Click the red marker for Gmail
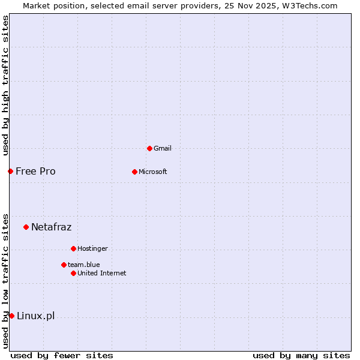(x=149, y=148)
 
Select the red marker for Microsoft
(x=134, y=172)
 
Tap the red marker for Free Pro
(x=10, y=171)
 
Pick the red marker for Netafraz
(x=26, y=227)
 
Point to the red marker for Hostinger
(x=73, y=248)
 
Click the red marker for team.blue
(x=64, y=265)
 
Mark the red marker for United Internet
(x=73, y=273)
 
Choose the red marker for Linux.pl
(x=11, y=316)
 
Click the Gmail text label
(x=163, y=148)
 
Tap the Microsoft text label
(x=153, y=172)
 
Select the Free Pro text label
(x=35, y=171)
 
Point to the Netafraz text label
(x=51, y=227)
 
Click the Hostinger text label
(x=92, y=248)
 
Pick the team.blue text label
(x=83, y=265)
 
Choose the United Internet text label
(x=101, y=273)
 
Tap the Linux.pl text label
(x=35, y=316)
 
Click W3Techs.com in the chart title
(x=310, y=5)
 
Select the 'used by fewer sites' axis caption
(x=62, y=355)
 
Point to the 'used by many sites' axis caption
(x=301, y=355)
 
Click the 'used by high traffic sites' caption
(x=5, y=85)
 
